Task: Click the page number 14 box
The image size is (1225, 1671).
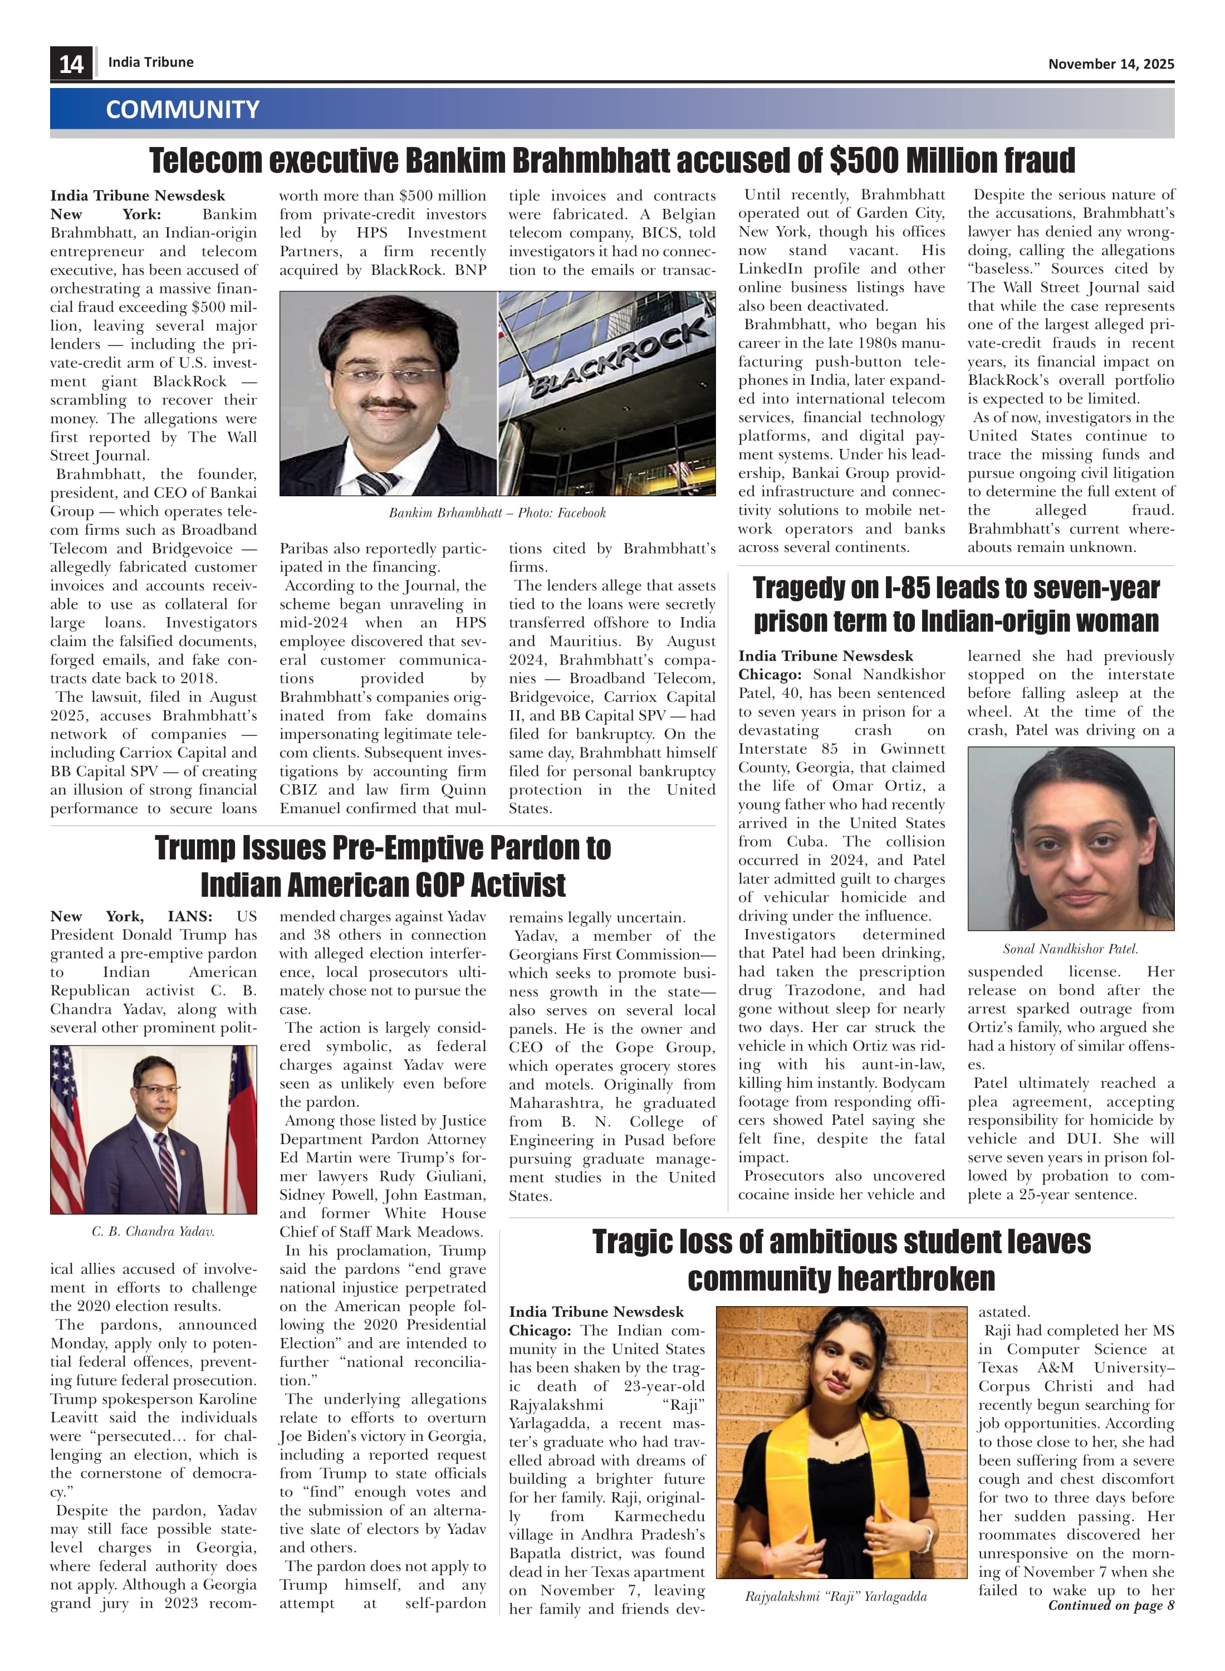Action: [x=71, y=64]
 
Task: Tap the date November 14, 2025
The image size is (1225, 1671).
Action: [x=1110, y=65]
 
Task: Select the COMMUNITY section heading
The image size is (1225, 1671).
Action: [x=183, y=110]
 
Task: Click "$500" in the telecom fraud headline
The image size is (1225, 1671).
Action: [x=864, y=161]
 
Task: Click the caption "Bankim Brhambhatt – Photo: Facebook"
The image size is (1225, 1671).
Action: [x=497, y=512]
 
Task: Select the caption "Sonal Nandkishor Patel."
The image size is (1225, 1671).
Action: [x=1070, y=949]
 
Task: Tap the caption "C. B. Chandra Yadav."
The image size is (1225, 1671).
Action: [x=154, y=1231]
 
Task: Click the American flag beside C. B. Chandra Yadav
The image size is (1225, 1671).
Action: [x=67, y=1120]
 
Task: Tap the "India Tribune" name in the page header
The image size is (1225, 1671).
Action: [x=150, y=62]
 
